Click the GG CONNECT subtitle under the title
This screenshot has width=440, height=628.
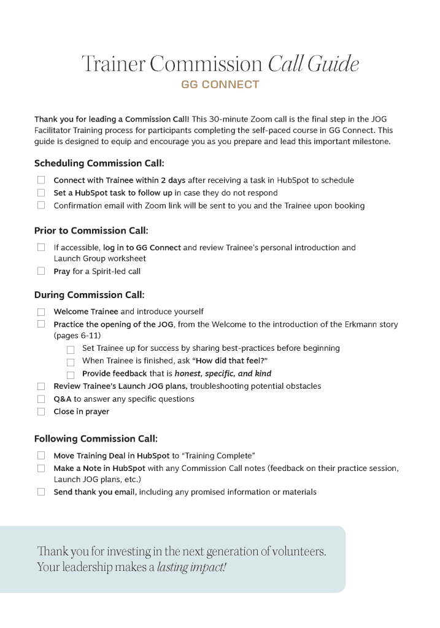coord(220,85)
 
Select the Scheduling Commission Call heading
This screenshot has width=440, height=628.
coord(99,163)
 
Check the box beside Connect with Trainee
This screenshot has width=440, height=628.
coord(41,180)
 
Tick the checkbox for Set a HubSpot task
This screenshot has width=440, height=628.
coord(41,193)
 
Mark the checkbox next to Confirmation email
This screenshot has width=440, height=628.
coord(41,205)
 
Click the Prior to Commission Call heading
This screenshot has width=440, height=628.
coord(91,231)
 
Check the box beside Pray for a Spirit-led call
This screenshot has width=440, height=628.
coord(41,271)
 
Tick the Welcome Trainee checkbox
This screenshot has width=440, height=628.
coord(41,312)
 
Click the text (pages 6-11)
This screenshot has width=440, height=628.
coord(77,335)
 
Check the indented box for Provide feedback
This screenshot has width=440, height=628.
coord(71,374)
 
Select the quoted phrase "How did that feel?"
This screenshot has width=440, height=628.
coord(231,361)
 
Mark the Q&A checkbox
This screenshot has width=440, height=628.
coord(41,399)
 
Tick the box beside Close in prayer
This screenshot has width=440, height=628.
coord(41,412)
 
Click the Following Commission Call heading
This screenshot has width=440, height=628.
coord(96,438)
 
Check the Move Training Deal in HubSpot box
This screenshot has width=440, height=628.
coord(41,456)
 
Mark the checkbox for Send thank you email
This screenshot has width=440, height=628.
coord(41,492)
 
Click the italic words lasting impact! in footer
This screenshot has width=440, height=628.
coord(191,567)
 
